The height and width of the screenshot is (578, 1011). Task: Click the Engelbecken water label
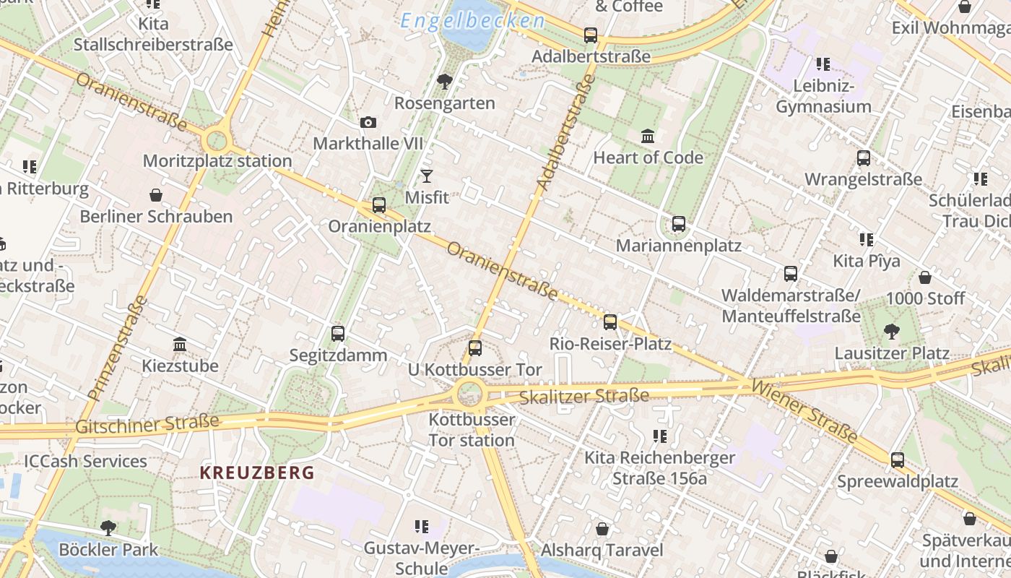(x=472, y=21)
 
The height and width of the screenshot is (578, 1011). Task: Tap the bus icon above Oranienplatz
(x=379, y=205)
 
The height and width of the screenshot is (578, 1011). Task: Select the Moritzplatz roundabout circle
(x=217, y=140)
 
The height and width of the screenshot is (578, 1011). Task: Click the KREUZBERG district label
(x=257, y=473)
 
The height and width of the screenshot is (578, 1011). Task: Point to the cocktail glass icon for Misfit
(x=427, y=176)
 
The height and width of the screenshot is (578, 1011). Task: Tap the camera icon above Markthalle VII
(x=368, y=122)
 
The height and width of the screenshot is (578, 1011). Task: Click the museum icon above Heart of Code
(x=648, y=136)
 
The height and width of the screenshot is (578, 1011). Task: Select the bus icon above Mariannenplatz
(x=679, y=224)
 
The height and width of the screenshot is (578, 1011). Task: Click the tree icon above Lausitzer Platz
(x=892, y=332)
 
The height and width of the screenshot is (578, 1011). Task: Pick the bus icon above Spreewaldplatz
(x=898, y=460)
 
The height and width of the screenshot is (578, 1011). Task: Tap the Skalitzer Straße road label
(x=584, y=396)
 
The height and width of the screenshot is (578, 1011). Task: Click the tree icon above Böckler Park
(x=108, y=528)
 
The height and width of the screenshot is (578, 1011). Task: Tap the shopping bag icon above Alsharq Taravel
(x=602, y=529)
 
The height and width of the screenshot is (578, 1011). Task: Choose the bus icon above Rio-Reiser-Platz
(x=610, y=322)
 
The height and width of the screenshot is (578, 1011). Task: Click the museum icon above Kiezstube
(x=180, y=345)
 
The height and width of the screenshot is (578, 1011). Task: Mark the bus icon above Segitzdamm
(x=338, y=334)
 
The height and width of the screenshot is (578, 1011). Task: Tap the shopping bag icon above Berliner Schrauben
(x=156, y=195)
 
